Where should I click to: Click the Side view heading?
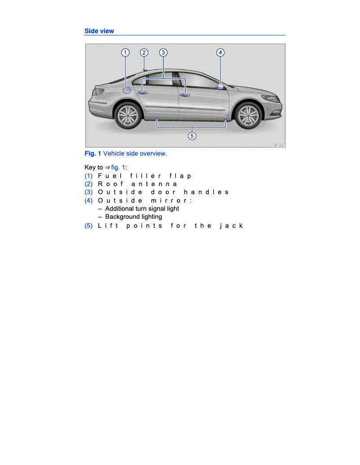[99, 31]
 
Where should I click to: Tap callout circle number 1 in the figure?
[125, 52]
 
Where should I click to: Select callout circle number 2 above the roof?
[144, 52]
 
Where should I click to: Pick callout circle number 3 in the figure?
[163, 52]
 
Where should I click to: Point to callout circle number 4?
[220, 52]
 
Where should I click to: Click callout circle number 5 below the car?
[192, 135]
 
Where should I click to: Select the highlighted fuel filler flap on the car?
[127, 90]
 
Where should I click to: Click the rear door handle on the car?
[143, 93]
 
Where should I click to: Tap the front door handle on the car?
[184, 95]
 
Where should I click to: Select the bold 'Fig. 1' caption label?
[92, 153]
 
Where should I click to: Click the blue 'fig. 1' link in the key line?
[119, 168]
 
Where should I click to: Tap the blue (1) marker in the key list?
[89, 176]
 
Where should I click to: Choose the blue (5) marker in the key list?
[89, 226]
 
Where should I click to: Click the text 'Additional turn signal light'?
[142, 209]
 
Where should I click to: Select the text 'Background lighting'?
[133, 217]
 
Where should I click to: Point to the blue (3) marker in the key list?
[89, 192]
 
